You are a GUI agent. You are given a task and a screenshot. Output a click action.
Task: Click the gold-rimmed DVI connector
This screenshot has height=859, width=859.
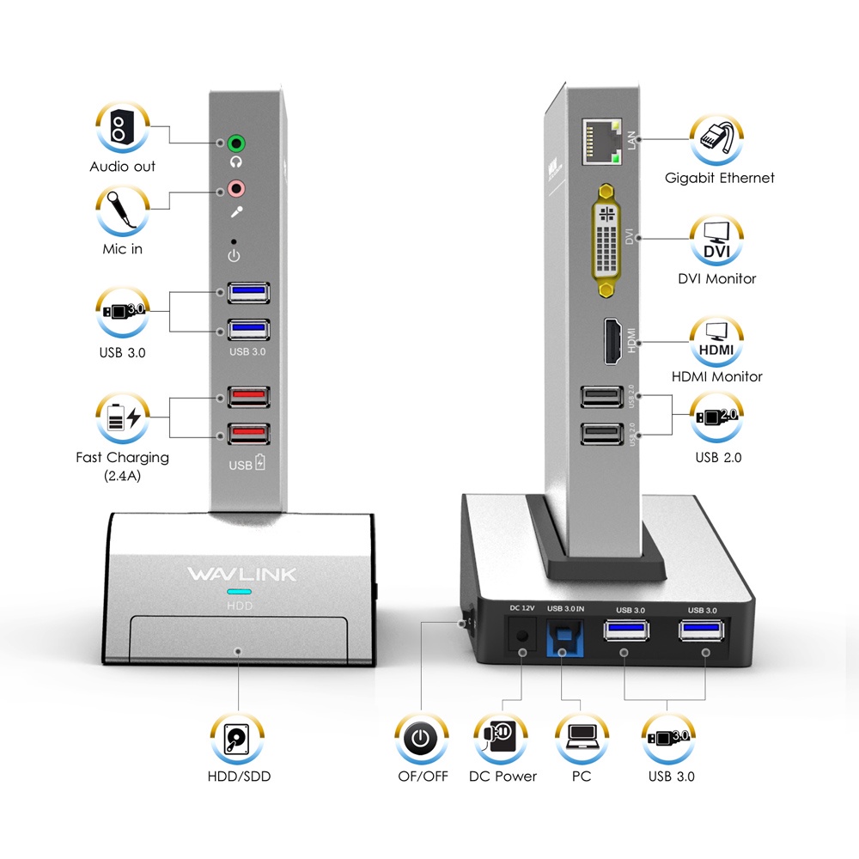tap(606, 242)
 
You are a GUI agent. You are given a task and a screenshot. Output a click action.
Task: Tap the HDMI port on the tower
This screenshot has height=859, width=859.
tap(612, 340)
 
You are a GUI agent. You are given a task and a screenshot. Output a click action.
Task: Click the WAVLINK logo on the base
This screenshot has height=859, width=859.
tap(241, 573)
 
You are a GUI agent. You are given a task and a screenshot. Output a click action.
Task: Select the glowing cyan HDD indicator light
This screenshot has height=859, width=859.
tap(239, 593)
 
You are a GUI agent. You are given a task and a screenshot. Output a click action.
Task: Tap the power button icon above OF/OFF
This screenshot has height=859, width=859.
tap(421, 738)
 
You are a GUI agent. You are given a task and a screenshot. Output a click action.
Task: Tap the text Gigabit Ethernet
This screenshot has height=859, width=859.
tap(719, 178)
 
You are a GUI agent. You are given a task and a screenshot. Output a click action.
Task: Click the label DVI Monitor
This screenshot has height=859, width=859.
tap(717, 278)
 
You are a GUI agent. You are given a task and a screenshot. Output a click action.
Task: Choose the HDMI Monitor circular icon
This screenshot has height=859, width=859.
tap(716, 341)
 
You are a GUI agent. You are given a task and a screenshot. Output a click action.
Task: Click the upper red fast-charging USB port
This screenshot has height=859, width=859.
tap(248, 398)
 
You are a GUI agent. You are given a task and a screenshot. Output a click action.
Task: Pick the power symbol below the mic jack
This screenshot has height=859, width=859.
tap(234, 256)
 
